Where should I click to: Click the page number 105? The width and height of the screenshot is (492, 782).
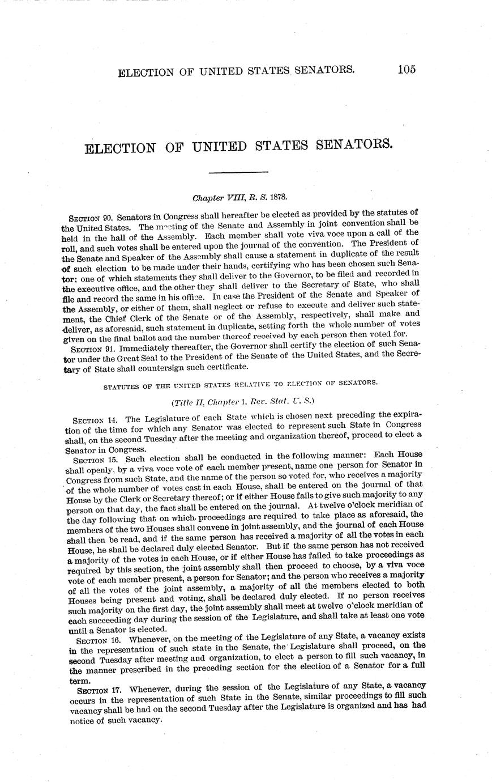407,69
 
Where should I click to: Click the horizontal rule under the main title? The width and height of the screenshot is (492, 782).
240,172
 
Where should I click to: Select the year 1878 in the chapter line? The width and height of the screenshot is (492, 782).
277,198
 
